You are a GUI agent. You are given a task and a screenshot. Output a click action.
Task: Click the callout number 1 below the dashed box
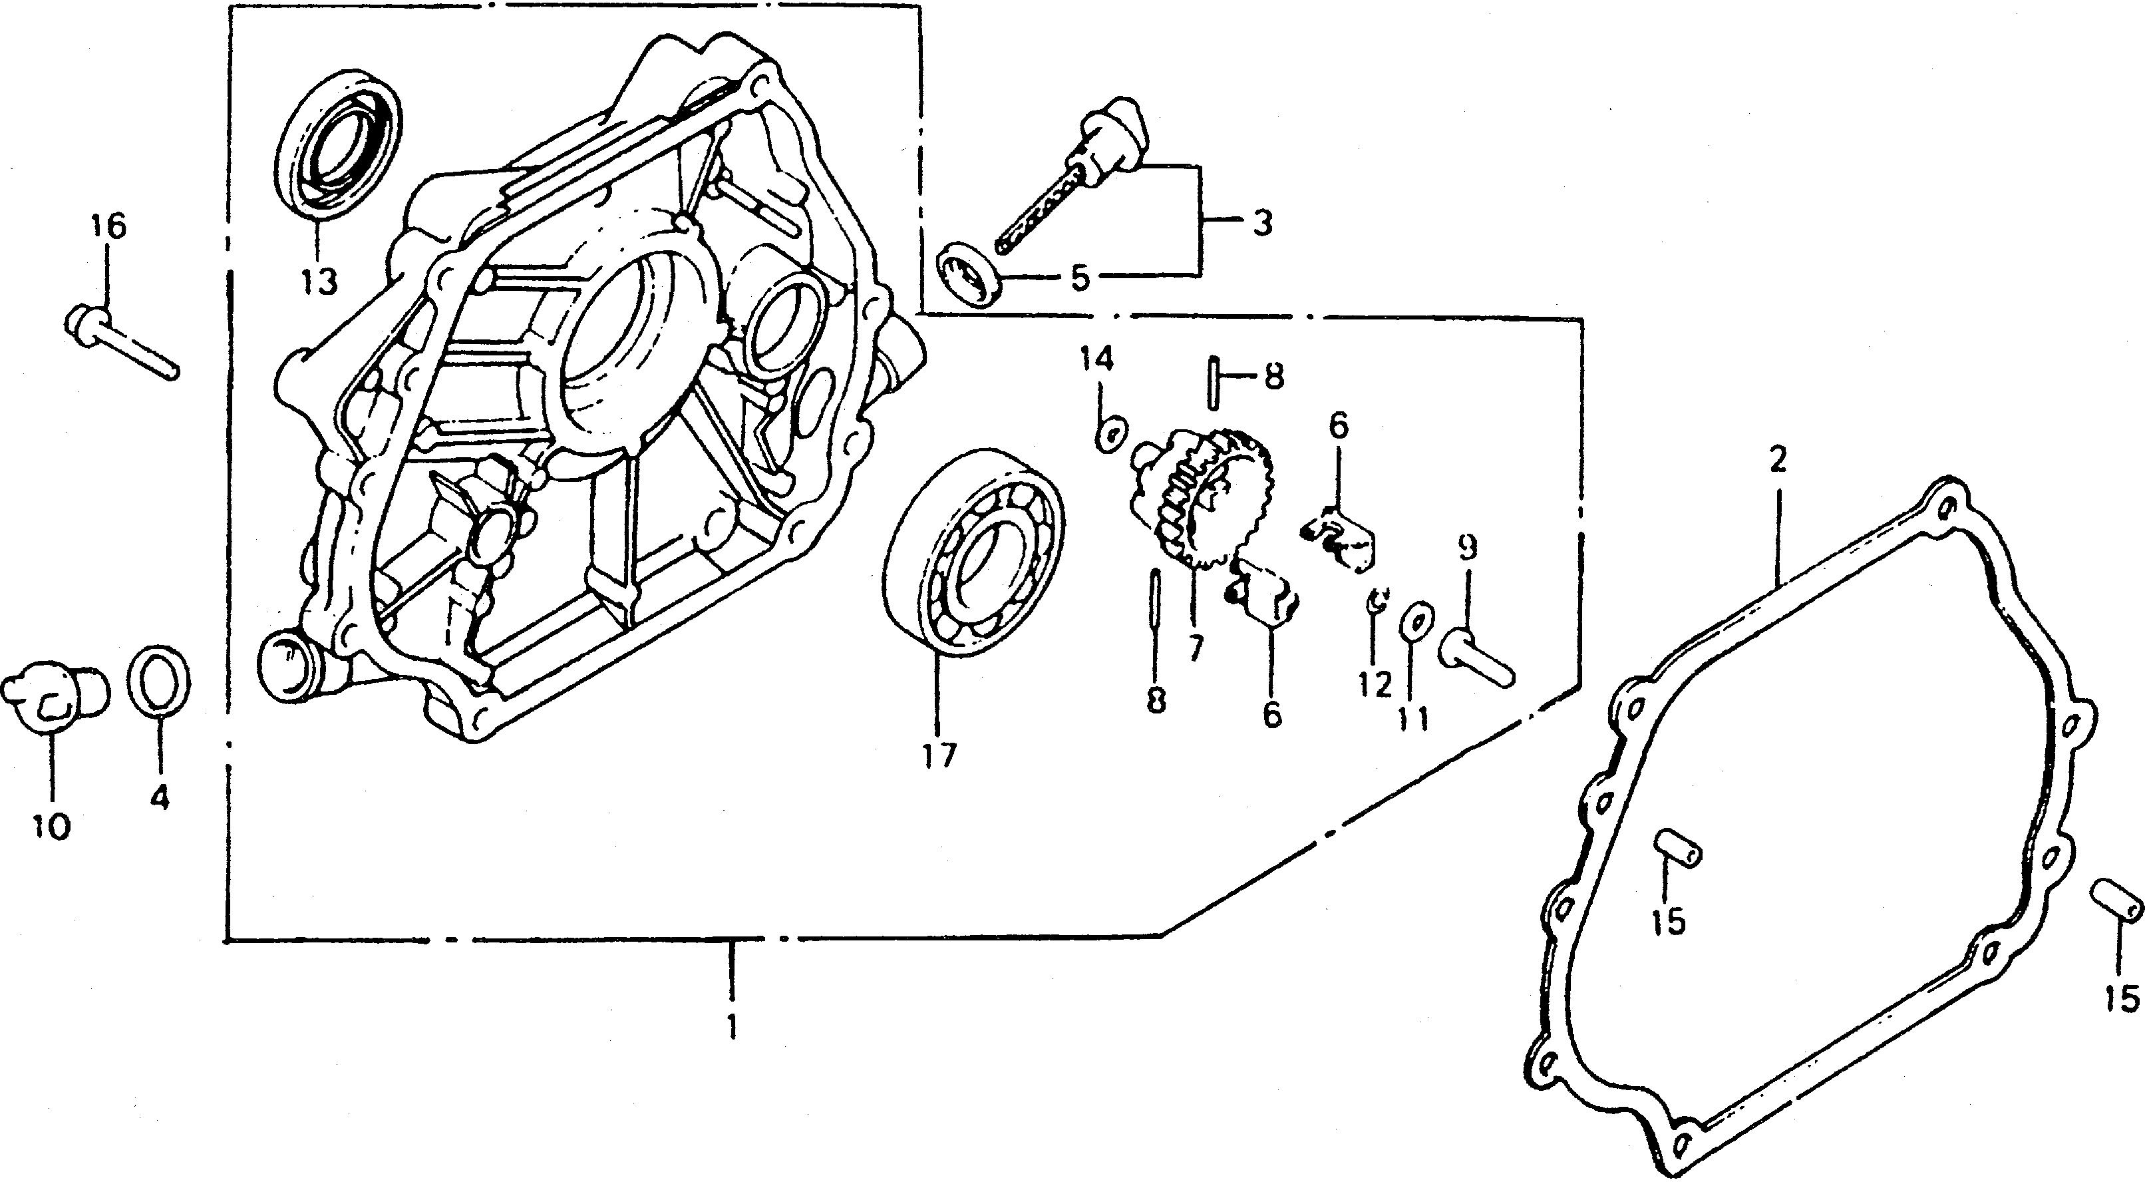[732, 1027]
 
